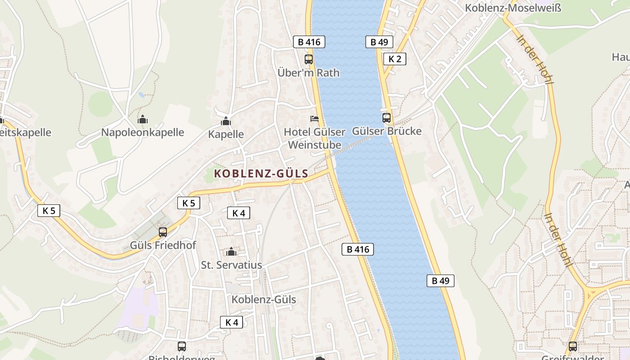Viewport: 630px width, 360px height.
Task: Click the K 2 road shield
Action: pos(395,58)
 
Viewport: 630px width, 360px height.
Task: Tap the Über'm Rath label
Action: pos(308,72)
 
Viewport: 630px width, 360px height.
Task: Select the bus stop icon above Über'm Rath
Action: pos(309,59)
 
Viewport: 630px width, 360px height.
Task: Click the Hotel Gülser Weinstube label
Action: pos(315,138)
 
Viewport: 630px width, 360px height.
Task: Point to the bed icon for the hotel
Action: pos(315,119)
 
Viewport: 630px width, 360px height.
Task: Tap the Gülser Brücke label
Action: pos(387,131)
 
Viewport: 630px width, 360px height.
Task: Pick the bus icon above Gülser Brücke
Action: pos(387,118)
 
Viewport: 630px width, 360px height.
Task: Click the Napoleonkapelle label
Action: pos(143,132)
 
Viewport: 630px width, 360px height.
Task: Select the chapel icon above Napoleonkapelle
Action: pos(143,119)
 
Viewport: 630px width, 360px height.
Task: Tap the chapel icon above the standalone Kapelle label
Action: pos(226,121)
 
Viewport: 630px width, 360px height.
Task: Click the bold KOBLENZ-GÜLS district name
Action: pos(261,174)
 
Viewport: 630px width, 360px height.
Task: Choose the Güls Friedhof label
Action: pos(163,245)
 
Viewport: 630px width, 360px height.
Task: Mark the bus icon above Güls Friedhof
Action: pos(163,232)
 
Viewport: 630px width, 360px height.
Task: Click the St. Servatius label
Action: pos(231,265)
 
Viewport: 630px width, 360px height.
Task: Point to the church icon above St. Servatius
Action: pos(231,252)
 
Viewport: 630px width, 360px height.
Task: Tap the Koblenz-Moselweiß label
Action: pos(513,8)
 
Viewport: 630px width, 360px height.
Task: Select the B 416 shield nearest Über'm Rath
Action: pos(309,42)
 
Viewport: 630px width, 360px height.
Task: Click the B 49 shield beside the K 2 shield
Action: pos(379,42)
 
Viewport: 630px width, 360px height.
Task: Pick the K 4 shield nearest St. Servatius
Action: pos(238,213)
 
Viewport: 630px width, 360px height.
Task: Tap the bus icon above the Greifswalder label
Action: pos(572,346)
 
